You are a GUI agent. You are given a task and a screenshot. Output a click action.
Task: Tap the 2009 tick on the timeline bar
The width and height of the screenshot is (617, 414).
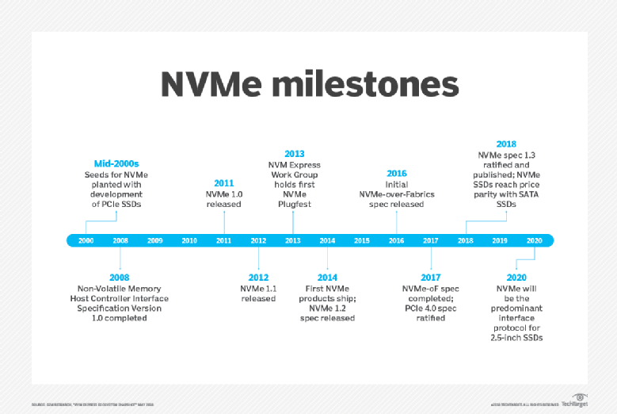tap(154, 240)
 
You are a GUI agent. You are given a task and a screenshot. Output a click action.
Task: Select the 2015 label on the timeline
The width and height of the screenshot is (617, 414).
tap(362, 240)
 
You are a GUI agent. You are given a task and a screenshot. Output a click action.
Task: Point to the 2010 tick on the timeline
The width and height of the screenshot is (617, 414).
tap(189, 240)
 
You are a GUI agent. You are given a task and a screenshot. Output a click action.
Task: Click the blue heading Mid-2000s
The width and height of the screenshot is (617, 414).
tap(116, 163)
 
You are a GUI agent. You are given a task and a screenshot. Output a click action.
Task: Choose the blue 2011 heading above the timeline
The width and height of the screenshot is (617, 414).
tap(224, 183)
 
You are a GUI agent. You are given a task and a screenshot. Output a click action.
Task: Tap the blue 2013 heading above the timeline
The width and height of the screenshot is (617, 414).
tap(294, 153)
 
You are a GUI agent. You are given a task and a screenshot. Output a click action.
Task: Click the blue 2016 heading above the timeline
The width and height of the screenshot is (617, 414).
tap(397, 173)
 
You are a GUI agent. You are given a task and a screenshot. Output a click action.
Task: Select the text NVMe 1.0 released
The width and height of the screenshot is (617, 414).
tap(224, 199)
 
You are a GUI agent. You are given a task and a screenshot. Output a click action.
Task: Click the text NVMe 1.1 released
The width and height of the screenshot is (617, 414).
tap(258, 293)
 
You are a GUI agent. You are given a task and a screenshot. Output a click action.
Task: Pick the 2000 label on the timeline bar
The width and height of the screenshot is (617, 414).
tap(86, 240)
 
